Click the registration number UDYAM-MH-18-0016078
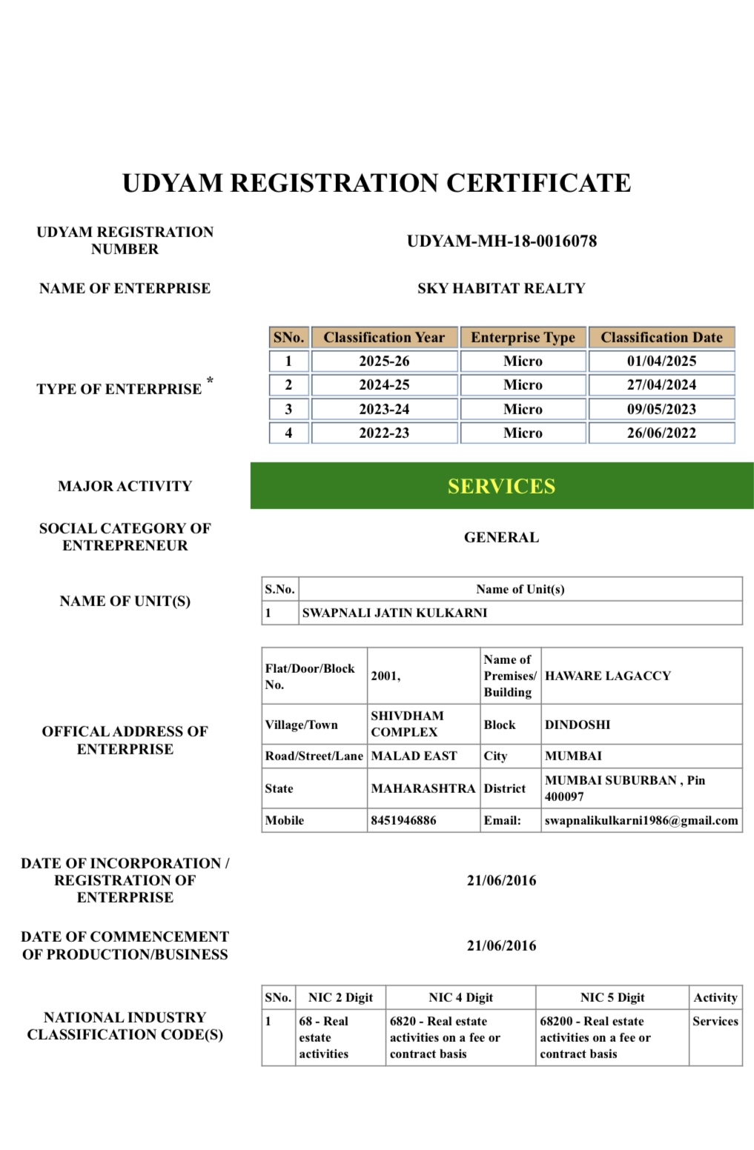[501, 241]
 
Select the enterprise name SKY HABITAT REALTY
[501, 288]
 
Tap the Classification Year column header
[384, 337]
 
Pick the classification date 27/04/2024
[661, 385]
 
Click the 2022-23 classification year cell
[384, 433]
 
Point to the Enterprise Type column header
[523, 337]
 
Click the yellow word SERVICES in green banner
[501, 486]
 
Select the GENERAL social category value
[501, 537]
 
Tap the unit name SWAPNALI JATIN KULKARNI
[394, 613]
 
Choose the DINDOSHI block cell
[578, 725]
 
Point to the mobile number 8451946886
[403, 820]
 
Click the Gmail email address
[641, 820]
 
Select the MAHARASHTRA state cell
[423, 788]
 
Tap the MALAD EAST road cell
[414, 756]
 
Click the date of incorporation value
[501, 880]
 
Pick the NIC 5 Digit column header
[612, 997]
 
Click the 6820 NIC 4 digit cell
[445, 1037]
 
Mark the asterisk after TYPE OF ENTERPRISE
[210, 381]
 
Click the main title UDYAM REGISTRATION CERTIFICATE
[377, 183]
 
